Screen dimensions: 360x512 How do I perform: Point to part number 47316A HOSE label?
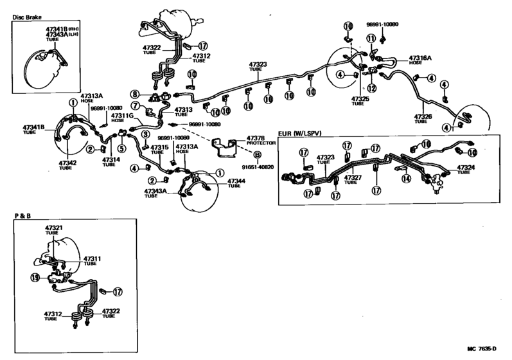[x=421, y=60]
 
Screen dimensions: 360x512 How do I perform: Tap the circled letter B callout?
[x=257, y=156]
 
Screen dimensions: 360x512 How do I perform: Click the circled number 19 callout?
[x=35, y=278]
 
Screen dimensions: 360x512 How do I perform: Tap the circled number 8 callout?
[x=136, y=94]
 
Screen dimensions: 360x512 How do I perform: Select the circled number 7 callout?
[x=136, y=105]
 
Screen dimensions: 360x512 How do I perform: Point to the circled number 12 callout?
[x=371, y=87]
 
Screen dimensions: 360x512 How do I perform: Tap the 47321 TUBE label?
[x=54, y=230]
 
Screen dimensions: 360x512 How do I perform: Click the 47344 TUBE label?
[x=235, y=184]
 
